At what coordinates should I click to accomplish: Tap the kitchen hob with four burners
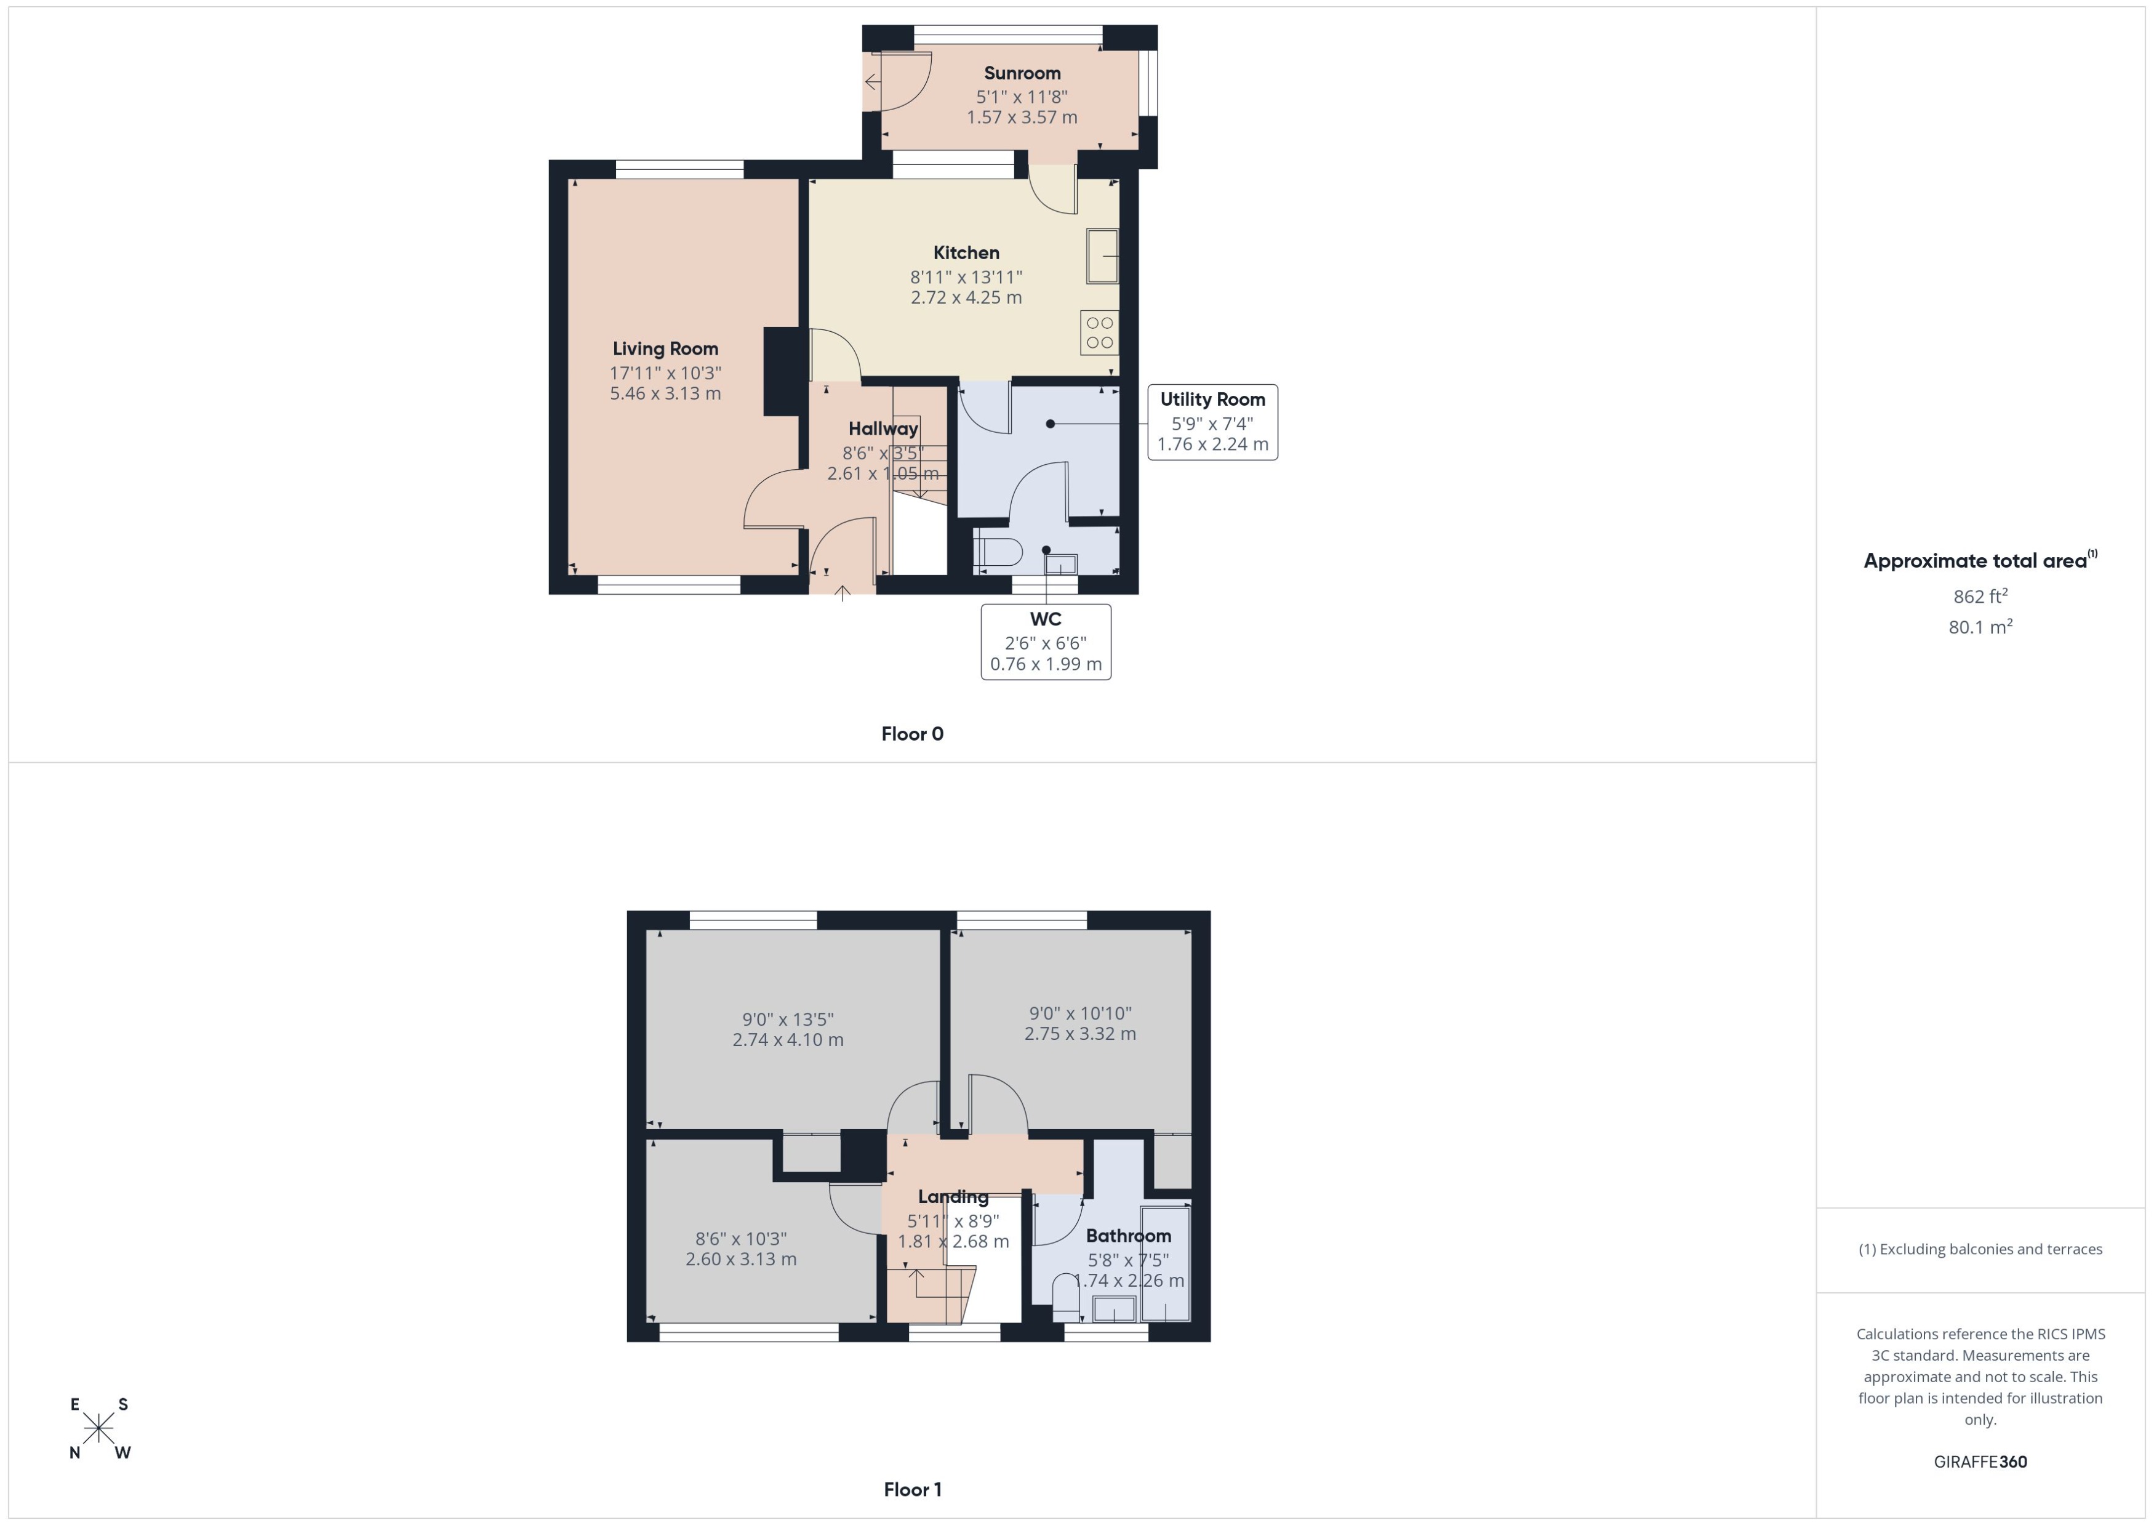[x=1099, y=332]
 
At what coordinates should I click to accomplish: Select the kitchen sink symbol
[x=1103, y=256]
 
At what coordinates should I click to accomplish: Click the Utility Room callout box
[x=1212, y=422]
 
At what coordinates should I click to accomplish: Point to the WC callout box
[x=1046, y=642]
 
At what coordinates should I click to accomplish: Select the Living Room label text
[x=665, y=348]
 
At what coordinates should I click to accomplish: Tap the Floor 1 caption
[x=911, y=1489]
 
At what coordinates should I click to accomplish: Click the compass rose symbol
[x=98, y=1428]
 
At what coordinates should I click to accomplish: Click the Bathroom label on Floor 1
[x=1128, y=1236]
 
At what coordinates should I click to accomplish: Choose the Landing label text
[x=953, y=1196]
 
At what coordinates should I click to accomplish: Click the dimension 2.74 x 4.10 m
[x=788, y=1039]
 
